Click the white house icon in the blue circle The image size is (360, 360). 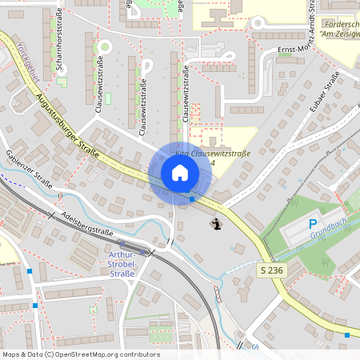click(179, 172)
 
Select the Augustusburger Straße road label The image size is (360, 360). click(67, 125)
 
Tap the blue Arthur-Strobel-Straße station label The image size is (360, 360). click(122, 263)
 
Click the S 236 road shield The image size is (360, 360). click(271, 271)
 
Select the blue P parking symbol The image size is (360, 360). click(314, 226)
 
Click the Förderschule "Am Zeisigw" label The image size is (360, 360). click(337, 30)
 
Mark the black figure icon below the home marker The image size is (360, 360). click(216, 224)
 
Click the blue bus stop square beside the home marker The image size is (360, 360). click(192, 198)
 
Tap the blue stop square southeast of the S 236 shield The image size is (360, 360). click(346, 334)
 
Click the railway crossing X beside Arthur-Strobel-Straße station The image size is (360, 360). click(151, 251)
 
